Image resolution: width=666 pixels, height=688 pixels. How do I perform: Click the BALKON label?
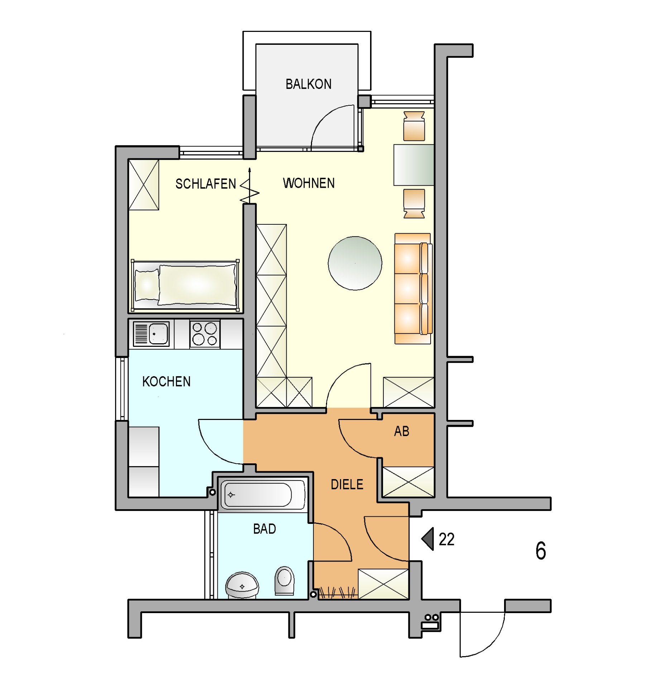pyautogui.click(x=308, y=84)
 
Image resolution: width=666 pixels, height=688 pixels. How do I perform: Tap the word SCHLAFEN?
pyautogui.click(x=206, y=184)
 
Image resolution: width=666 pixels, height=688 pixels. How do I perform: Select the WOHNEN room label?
pyautogui.click(x=308, y=183)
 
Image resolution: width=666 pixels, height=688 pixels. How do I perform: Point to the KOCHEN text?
pyautogui.click(x=166, y=381)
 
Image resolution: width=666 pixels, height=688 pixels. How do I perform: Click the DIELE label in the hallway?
pyautogui.click(x=347, y=484)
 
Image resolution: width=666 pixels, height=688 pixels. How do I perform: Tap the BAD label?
pyautogui.click(x=264, y=529)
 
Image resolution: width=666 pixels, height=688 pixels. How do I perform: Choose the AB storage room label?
pyautogui.click(x=401, y=431)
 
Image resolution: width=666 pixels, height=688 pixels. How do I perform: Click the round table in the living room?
pyautogui.click(x=355, y=263)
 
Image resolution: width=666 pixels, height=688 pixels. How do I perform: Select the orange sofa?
pyautogui.click(x=413, y=288)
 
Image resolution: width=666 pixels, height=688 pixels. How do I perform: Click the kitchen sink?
pyautogui.click(x=151, y=334)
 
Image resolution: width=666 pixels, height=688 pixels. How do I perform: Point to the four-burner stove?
pyautogui.click(x=205, y=334)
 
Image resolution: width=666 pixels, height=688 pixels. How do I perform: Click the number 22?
pyautogui.click(x=446, y=539)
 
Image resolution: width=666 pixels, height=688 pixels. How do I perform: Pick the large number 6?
pyautogui.click(x=541, y=551)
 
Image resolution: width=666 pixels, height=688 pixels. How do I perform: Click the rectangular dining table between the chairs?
pyautogui.click(x=414, y=165)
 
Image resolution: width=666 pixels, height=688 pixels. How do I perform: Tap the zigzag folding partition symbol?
pyautogui.click(x=250, y=186)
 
